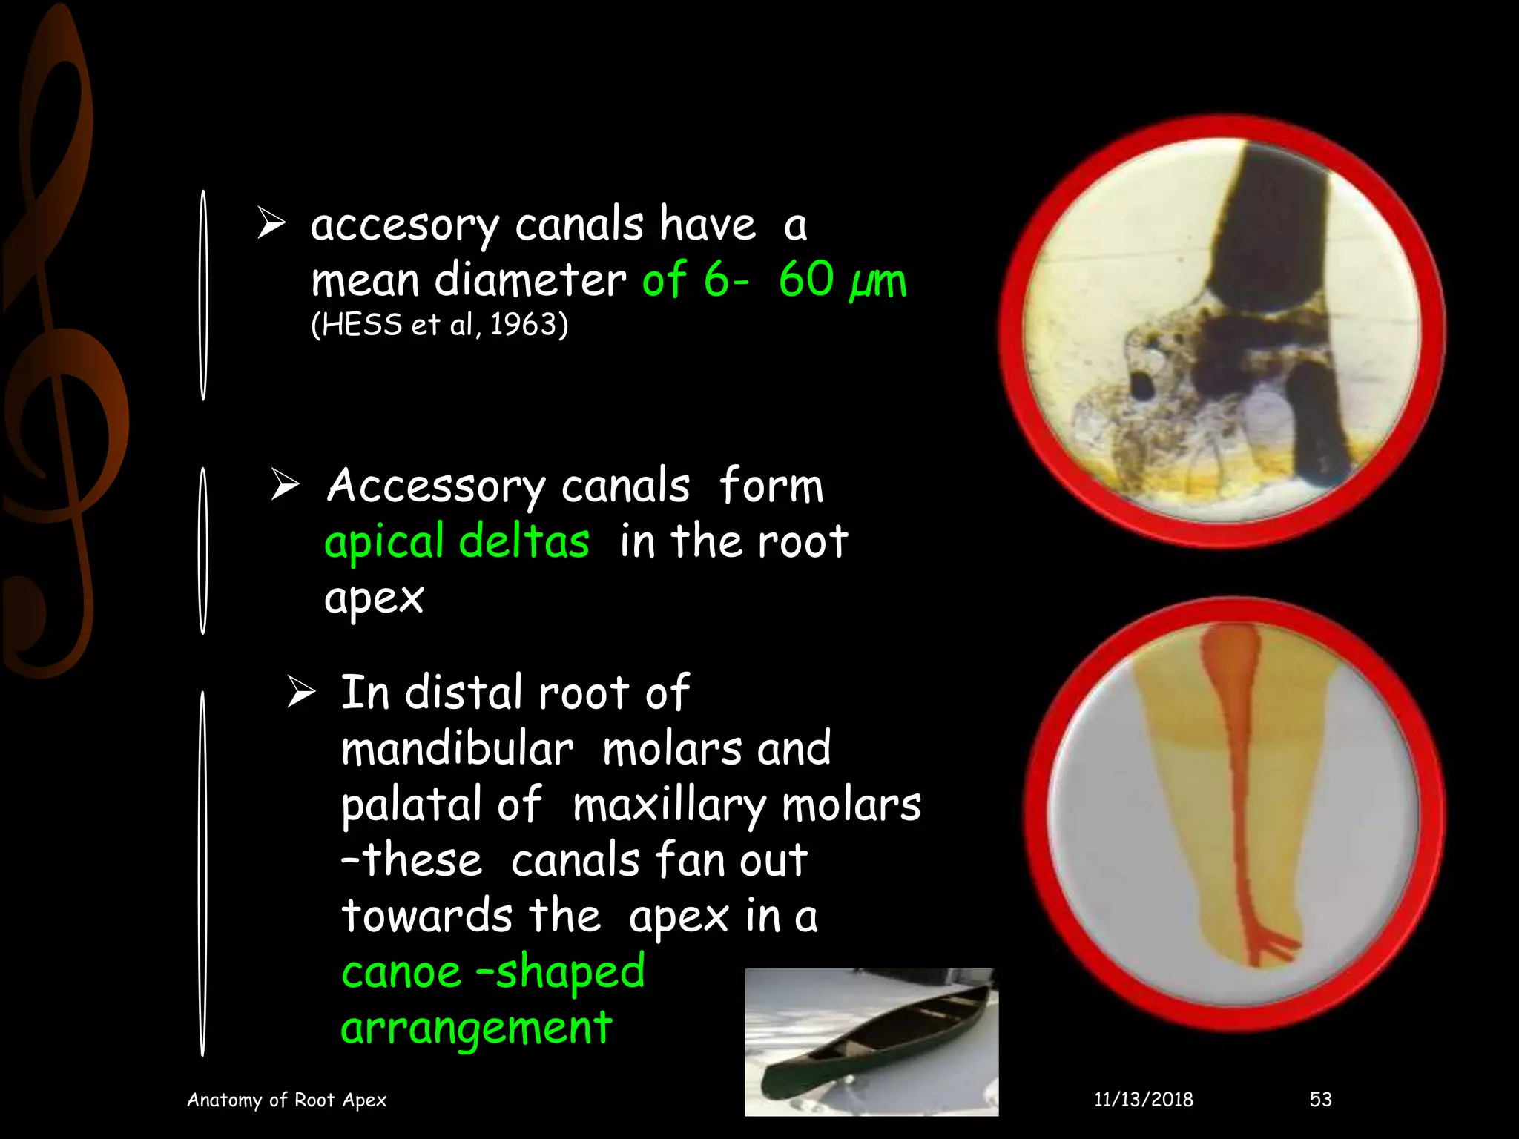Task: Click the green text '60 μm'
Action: [842, 281]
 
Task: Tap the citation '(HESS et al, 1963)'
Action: [439, 325]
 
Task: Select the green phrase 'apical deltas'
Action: [457, 541]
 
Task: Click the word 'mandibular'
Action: [457, 749]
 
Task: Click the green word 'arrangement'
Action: [476, 1029]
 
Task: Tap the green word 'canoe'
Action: [401, 972]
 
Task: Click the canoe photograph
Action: [871, 1041]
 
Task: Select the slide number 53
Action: [1320, 1099]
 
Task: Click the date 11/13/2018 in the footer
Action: [1143, 1099]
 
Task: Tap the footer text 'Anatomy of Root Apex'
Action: [286, 1100]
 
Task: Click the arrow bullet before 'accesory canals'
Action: [271, 224]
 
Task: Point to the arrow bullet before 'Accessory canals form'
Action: [285, 485]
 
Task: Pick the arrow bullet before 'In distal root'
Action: [301, 692]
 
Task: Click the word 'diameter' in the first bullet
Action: [530, 281]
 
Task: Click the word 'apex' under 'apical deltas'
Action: [374, 598]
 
